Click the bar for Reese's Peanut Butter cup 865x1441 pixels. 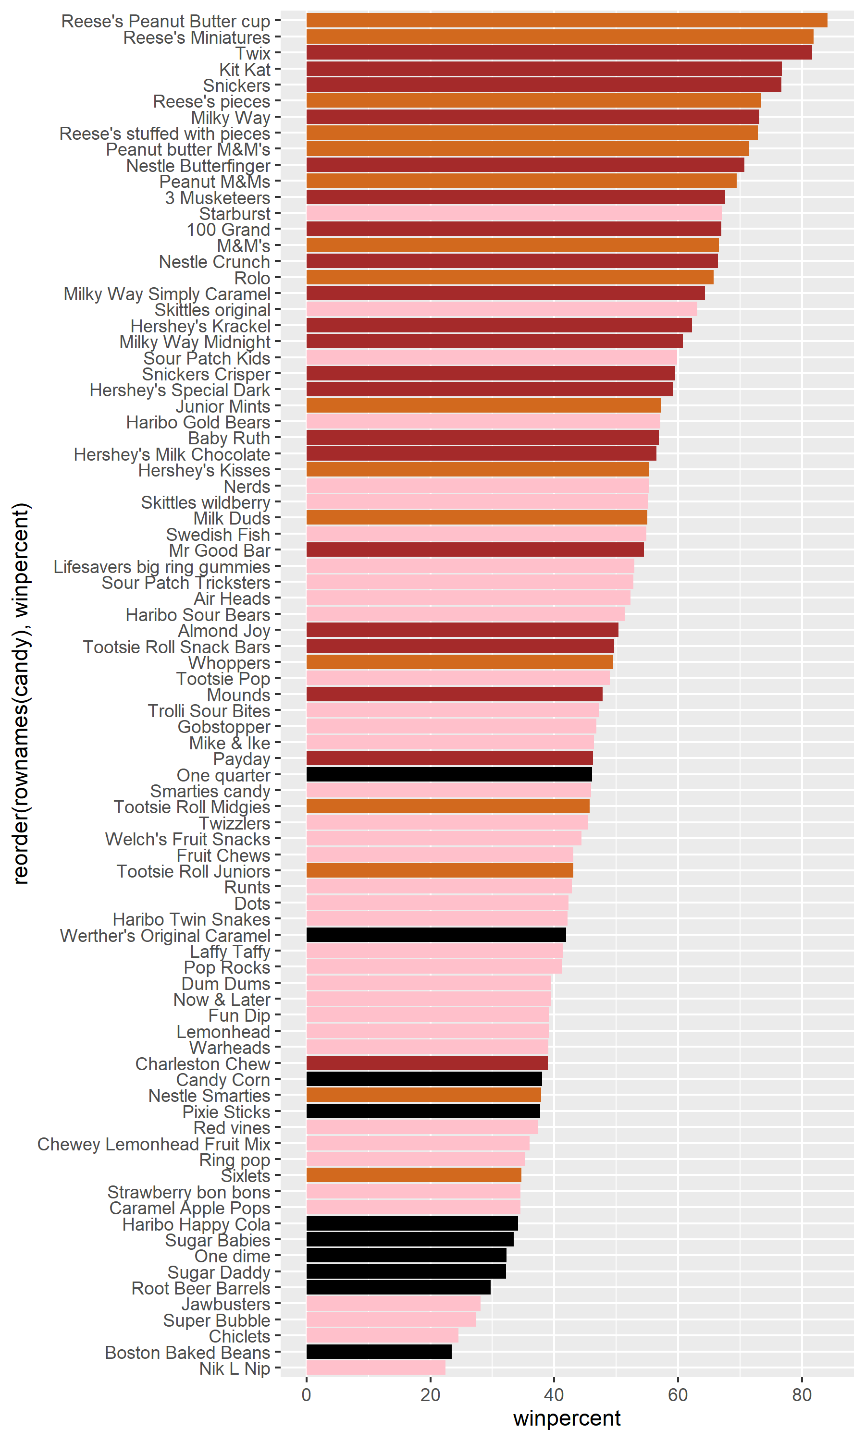coord(567,20)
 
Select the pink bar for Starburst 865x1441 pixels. coord(514,213)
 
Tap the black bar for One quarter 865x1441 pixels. coord(449,775)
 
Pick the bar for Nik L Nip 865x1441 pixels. coord(375,1368)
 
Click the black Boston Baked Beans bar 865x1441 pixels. coord(379,1352)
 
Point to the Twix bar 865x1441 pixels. coord(559,52)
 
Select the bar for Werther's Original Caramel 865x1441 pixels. coord(436,935)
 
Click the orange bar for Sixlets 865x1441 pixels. coord(414,1175)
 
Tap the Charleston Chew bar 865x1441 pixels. coord(427,1063)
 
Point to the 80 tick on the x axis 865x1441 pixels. coord(802,1395)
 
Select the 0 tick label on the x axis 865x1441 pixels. coord(307,1395)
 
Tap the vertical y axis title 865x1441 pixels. coord(21,693)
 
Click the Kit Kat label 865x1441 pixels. coord(244,69)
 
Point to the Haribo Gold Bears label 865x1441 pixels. coord(198,422)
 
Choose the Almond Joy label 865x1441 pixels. coord(224,631)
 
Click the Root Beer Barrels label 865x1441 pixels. coord(200,1288)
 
